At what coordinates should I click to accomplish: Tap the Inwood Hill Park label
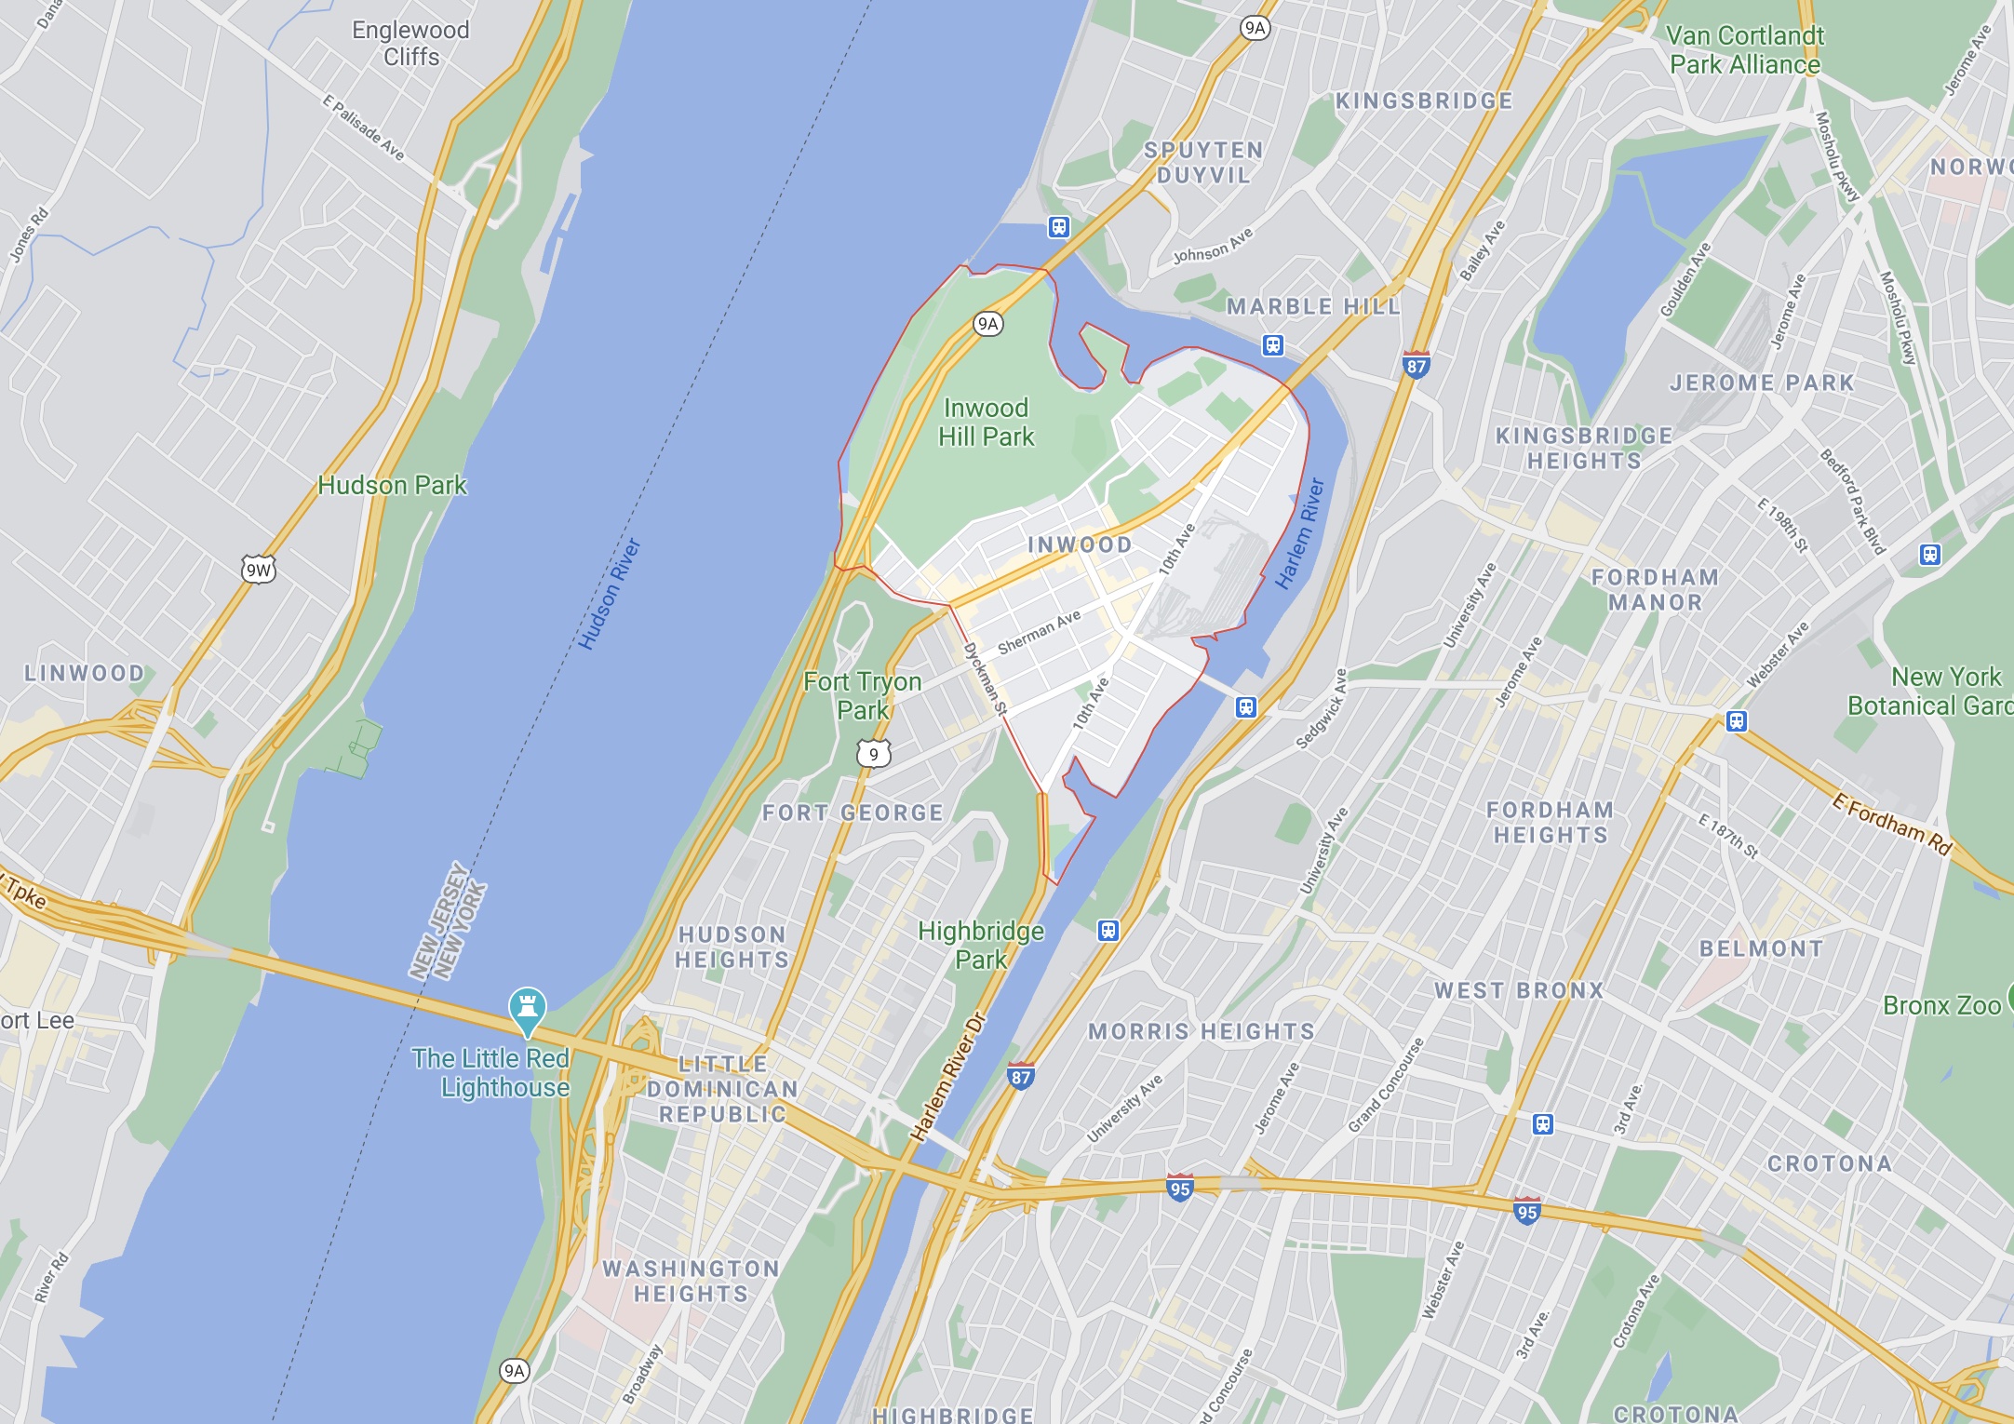986,423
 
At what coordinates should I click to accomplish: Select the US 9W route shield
259,570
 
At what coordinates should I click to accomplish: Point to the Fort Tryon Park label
863,695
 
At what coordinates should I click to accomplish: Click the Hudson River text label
609,594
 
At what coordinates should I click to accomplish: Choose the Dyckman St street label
985,678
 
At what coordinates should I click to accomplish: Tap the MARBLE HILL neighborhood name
1313,306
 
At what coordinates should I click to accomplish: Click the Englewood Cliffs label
410,43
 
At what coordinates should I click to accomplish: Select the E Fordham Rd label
1892,823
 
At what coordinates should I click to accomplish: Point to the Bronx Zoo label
1941,1005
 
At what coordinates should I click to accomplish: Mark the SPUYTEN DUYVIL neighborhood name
1203,162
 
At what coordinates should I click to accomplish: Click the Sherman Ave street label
1039,632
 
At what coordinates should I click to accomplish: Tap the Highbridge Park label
981,945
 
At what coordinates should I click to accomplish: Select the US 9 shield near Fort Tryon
873,754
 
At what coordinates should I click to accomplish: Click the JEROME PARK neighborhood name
1762,383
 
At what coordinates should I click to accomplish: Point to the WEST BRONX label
1519,990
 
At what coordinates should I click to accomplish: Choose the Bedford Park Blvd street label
1852,502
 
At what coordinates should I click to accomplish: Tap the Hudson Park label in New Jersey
392,485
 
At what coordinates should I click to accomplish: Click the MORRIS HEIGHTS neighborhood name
1202,1031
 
